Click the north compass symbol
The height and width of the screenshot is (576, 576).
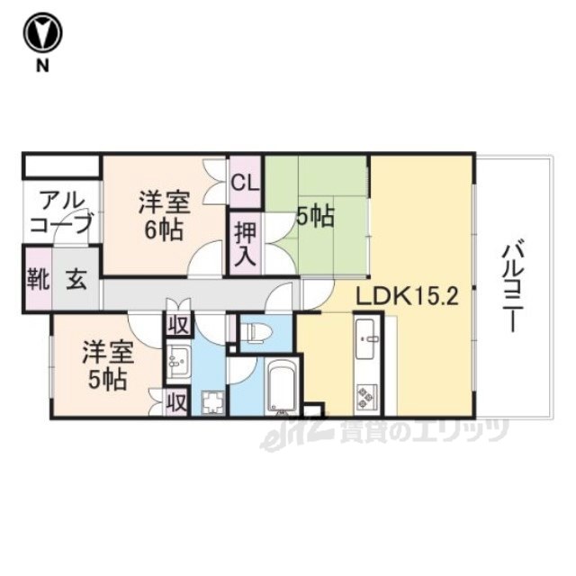click(x=42, y=33)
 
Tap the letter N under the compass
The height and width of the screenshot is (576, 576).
click(x=42, y=66)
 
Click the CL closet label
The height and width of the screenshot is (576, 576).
click(x=246, y=183)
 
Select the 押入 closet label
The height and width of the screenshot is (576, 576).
click(x=246, y=244)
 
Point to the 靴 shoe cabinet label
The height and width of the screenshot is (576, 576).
click(x=39, y=280)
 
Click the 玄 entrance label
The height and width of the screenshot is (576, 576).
click(x=76, y=280)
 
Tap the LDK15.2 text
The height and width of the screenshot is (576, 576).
click(x=408, y=296)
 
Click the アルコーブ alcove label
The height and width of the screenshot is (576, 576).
click(x=60, y=212)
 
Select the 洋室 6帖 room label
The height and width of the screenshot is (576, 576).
click(x=164, y=216)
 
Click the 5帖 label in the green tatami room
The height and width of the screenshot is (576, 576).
click(x=315, y=217)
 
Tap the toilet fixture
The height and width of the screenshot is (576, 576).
click(x=258, y=332)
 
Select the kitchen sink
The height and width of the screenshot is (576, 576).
click(x=365, y=338)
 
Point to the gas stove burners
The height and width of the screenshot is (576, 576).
click(x=367, y=398)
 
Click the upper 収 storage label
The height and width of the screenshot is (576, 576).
click(x=178, y=324)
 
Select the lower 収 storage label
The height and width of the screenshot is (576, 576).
click(x=176, y=403)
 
